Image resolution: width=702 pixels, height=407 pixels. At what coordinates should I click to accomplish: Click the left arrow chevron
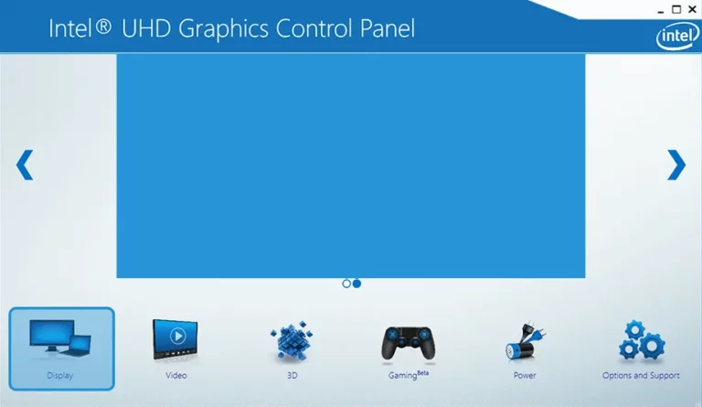click(x=25, y=165)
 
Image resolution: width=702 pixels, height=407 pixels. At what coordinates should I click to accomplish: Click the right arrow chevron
click(x=676, y=165)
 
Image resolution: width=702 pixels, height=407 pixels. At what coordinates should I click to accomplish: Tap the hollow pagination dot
click(x=346, y=284)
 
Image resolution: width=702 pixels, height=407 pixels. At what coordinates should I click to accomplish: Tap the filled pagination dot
click(x=356, y=284)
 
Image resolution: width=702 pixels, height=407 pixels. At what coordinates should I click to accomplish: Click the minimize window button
click(x=661, y=11)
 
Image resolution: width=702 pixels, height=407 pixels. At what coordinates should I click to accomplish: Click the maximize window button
click(x=676, y=9)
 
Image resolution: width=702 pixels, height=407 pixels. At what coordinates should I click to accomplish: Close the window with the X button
click(x=692, y=9)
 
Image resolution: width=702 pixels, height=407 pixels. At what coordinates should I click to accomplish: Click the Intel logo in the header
click(x=677, y=36)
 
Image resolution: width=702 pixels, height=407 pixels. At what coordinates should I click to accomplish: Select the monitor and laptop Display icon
click(x=60, y=338)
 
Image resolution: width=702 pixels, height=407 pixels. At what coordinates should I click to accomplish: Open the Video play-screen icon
click(x=175, y=339)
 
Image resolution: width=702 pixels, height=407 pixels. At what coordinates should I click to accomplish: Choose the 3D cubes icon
click(x=292, y=341)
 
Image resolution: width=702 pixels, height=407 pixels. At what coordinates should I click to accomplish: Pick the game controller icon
click(x=409, y=343)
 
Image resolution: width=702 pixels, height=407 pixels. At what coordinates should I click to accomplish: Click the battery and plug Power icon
click(x=525, y=341)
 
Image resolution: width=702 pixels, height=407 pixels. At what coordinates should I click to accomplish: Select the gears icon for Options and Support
click(x=642, y=341)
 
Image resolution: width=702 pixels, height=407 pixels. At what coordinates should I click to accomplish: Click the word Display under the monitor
click(x=60, y=376)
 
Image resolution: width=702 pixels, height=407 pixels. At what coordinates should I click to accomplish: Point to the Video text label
click(x=175, y=375)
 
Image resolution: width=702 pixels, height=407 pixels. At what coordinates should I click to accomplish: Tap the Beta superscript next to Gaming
click(x=422, y=372)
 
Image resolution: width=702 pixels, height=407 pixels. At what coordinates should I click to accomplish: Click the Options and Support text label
click(x=641, y=376)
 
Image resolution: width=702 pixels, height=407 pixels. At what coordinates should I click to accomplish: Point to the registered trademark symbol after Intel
click(x=103, y=27)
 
